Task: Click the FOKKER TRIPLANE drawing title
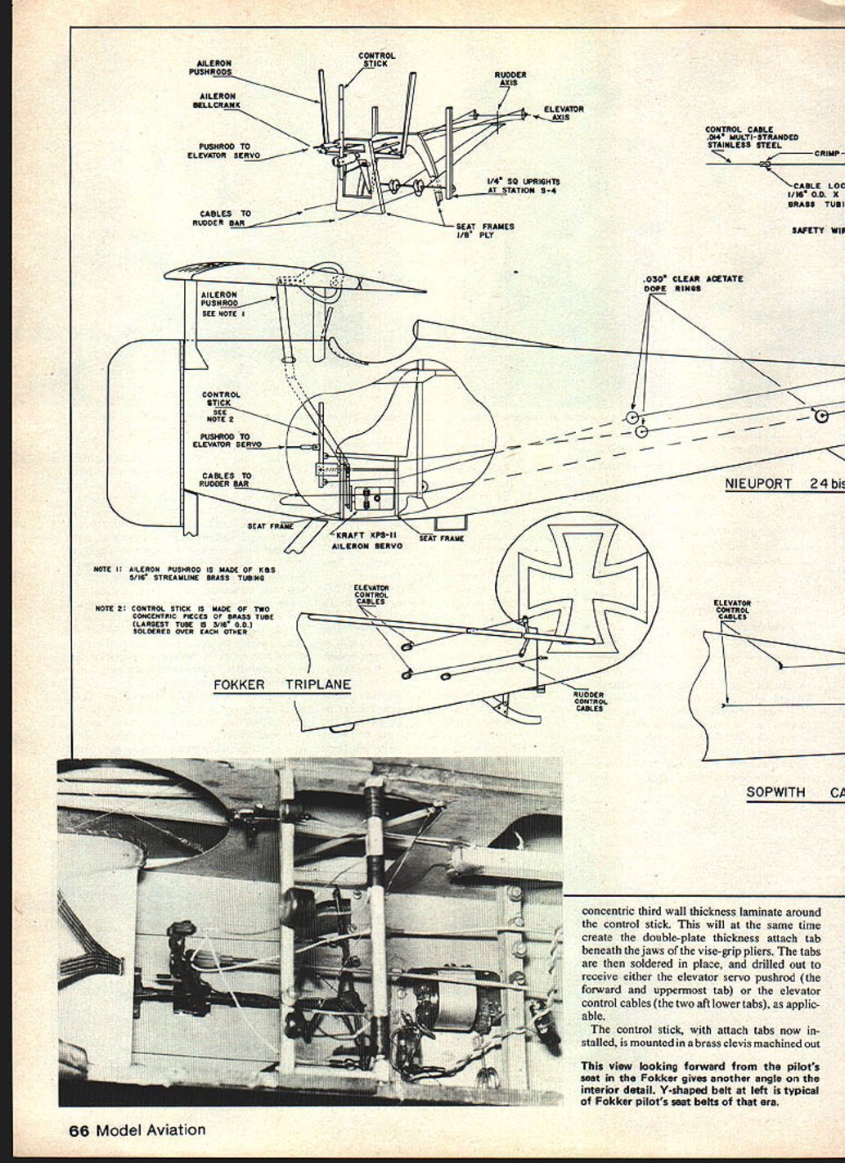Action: click(281, 685)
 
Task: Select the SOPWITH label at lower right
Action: click(775, 792)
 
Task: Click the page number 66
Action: click(79, 1130)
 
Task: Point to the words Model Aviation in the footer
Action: click(151, 1130)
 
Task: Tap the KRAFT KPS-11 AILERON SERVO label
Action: click(366, 541)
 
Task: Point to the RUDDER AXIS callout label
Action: click(510, 79)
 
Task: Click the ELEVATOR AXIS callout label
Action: click(564, 113)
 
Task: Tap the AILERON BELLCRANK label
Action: click(214, 101)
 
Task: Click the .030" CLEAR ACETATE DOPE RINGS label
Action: click(692, 283)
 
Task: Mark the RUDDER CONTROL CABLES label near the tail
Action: click(590, 702)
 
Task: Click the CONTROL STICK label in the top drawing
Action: click(376, 60)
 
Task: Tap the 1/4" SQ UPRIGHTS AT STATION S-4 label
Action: click(524, 186)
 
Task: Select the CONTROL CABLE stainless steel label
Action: click(751, 137)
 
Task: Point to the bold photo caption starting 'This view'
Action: click(700, 1084)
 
